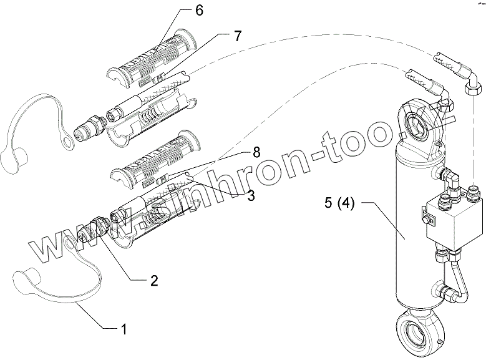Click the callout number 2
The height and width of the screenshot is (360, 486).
153,280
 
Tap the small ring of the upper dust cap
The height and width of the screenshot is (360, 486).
67,144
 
